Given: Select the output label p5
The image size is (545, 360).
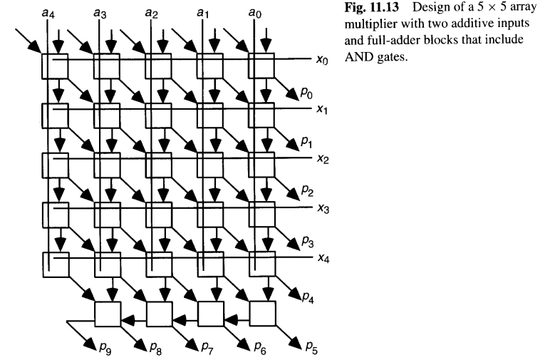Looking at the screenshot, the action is [312, 347].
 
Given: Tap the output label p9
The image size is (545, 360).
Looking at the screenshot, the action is [103, 347].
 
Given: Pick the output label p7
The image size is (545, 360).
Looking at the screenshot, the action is [207, 347].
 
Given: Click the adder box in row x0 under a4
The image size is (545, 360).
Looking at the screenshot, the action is [55, 66].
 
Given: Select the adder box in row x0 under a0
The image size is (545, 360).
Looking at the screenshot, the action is [261, 66].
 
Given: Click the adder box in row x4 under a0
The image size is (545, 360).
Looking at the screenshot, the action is [261, 263].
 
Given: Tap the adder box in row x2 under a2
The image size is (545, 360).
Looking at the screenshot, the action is [158, 165].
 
